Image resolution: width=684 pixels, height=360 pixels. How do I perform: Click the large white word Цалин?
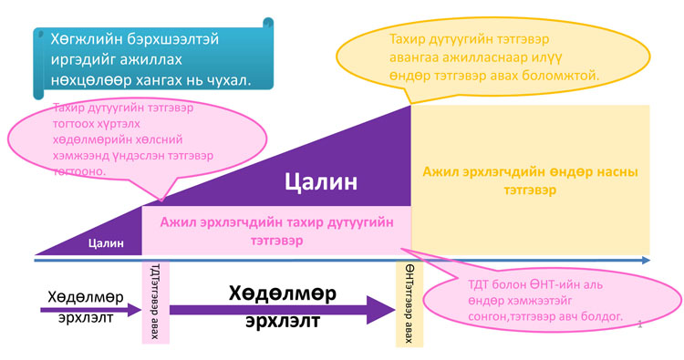coord(321,181)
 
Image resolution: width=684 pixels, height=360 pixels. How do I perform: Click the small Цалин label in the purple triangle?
coord(106,242)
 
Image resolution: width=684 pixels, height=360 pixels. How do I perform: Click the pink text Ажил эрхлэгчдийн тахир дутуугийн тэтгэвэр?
coord(276,231)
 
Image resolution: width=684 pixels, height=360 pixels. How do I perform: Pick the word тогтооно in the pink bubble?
coord(80,170)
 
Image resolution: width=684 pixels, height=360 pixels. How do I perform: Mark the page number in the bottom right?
coord(641,323)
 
